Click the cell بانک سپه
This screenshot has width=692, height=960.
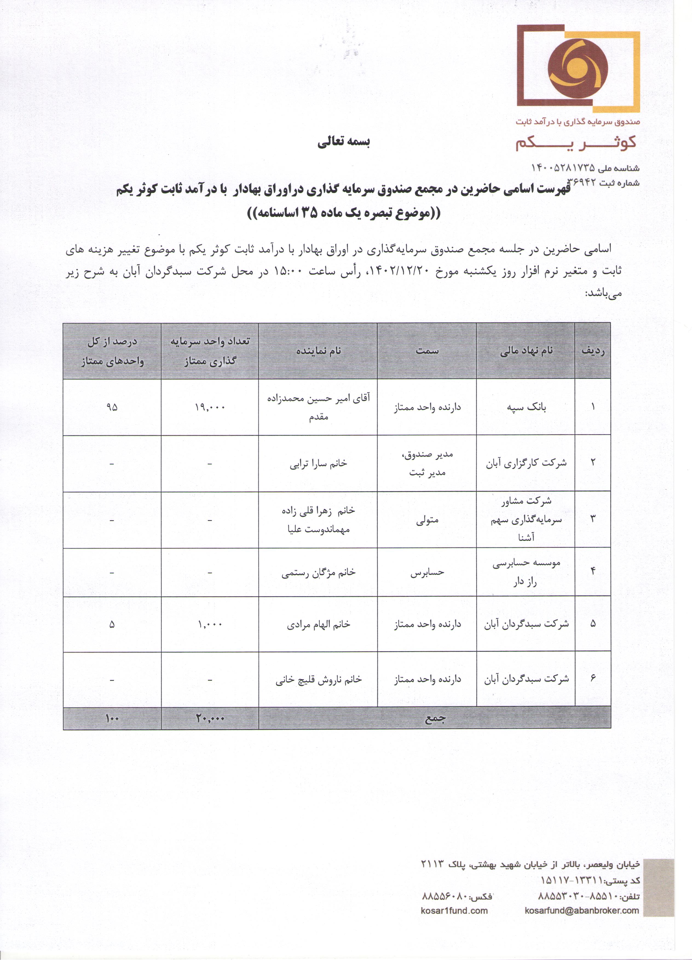click(526, 407)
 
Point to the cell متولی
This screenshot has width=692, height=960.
click(427, 520)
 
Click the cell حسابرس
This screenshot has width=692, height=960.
click(427, 572)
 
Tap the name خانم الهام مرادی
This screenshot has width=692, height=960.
click(318, 624)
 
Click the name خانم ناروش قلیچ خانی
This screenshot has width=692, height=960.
click(318, 679)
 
